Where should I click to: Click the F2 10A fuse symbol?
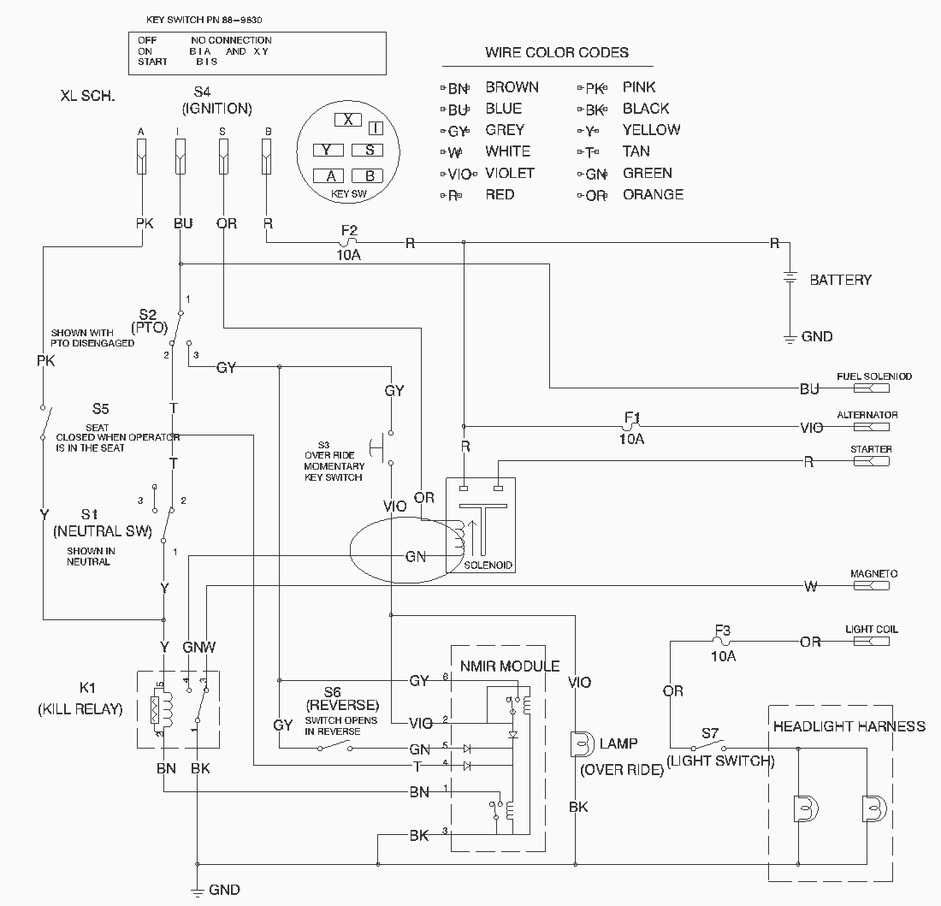pyautogui.click(x=348, y=242)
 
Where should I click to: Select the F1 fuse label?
pyautogui.click(x=631, y=417)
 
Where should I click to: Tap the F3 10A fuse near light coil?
pyautogui.click(x=723, y=641)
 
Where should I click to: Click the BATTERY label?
pyautogui.click(x=840, y=280)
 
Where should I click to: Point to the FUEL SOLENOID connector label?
pyautogui.click(x=873, y=376)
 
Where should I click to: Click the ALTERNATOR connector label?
pyautogui.click(x=867, y=415)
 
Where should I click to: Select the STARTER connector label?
pyautogui.click(x=871, y=449)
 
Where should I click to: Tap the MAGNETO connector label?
pyautogui.click(x=873, y=574)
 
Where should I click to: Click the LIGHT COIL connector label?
pyautogui.click(x=871, y=630)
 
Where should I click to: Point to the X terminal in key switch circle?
pyautogui.click(x=347, y=120)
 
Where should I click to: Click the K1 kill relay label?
pyautogui.click(x=86, y=688)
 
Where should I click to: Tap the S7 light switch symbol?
pyautogui.click(x=709, y=744)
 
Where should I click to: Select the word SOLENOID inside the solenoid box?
pyautogui.click(x=488, y=566)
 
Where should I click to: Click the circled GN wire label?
pyautogui.click(x=415, y=556)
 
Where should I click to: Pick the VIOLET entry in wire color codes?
pyautogui.click(x=510, y=173)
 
